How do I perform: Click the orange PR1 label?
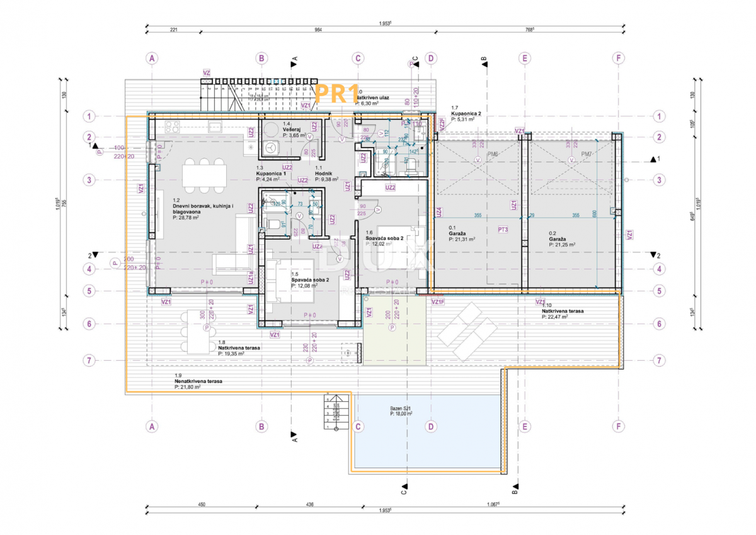tap(336, 95)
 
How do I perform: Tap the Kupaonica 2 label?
tap(466, 114)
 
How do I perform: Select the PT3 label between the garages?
tap(503, 229)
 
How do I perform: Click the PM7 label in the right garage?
tap(587, 153)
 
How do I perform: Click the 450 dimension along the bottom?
tap(202, 504)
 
